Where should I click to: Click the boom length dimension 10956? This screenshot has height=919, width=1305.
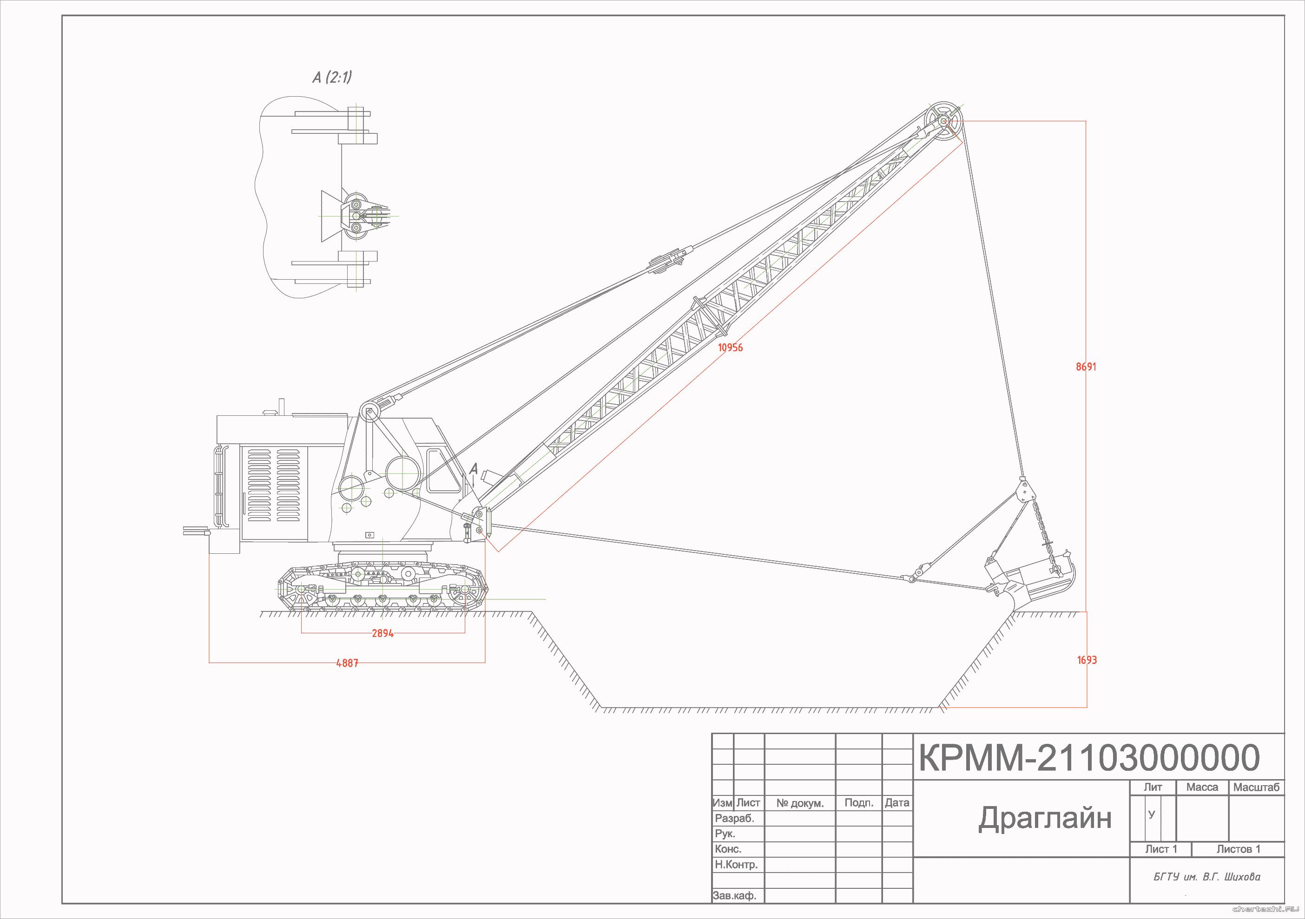pyautogui.click(x=731, y=347)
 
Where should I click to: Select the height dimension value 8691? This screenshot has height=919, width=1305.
pyautogui.click(x=1086, y=367)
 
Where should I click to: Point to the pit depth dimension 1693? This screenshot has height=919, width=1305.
pyautogui.click(x=1087, y=660)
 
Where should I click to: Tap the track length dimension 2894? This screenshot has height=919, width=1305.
pyautogui.click(x=382, y=633)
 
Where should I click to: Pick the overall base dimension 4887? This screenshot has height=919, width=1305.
pyautogui.click(x=347, y=663)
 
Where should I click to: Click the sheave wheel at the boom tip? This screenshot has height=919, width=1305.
pyautogui.click(x=943, y=121)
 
